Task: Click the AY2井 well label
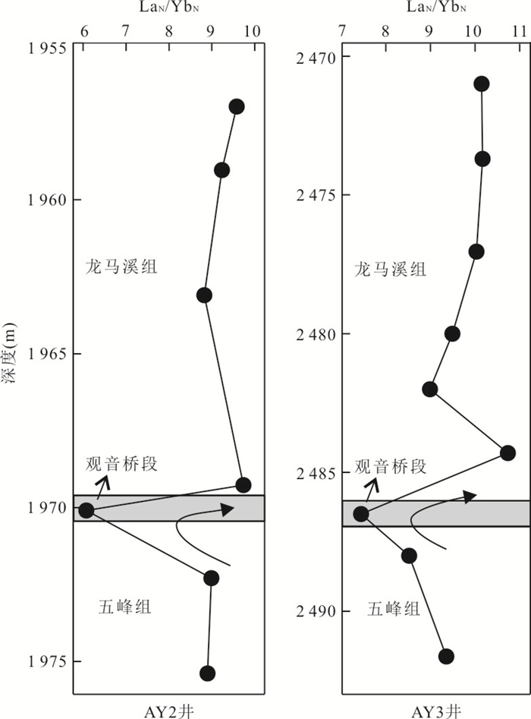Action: tap(169, 711)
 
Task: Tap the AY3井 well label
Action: tap(435, 711)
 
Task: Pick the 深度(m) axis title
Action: tap(10, 352)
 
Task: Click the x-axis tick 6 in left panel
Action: tap(84, 31)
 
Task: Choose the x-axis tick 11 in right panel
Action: tap(519, 31)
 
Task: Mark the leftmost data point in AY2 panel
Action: tap(86, 510)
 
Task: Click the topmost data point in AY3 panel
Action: tap(482, 84)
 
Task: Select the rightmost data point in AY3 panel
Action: tap(507, 453)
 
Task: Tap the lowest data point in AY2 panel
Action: tap(208, 673)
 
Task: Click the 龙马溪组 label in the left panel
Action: tap(121, 266)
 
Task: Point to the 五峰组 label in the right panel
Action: tap(394, 610)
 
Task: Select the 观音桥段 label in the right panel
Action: tap(391, 466)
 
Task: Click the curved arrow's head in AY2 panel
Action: tap(228, 509)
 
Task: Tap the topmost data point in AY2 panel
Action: tap(237, 107)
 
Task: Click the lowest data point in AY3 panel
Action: tap(446, 656)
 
